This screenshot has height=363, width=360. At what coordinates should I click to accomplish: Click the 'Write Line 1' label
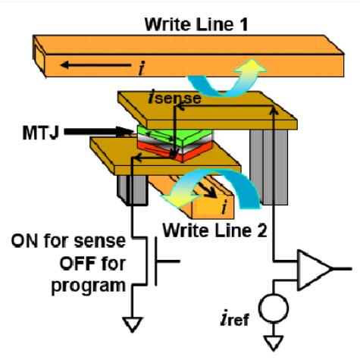coord(196,24)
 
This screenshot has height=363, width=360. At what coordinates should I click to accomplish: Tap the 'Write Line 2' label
coord(214,230)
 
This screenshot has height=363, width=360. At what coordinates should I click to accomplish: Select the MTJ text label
coord(40,133)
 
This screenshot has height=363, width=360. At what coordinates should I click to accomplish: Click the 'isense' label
coord(175,98)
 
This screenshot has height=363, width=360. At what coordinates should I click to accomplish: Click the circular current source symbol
coord(274,308)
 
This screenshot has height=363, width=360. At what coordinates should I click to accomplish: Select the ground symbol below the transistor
coord(133,324)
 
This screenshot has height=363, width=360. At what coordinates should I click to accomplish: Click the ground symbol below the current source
coord(274,343)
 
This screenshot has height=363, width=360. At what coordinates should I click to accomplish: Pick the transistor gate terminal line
coord(167,261)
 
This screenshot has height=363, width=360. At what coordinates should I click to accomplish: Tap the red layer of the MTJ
coord(174,152)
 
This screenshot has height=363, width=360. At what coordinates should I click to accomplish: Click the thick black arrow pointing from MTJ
coord(99,132)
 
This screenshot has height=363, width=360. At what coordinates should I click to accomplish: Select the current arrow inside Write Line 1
coord(95,65)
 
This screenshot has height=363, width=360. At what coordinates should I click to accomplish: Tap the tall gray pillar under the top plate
coord(269,167)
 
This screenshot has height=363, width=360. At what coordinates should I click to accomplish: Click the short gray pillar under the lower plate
coord(133,190)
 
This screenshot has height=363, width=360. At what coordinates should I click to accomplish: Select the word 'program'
coord(89,286)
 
